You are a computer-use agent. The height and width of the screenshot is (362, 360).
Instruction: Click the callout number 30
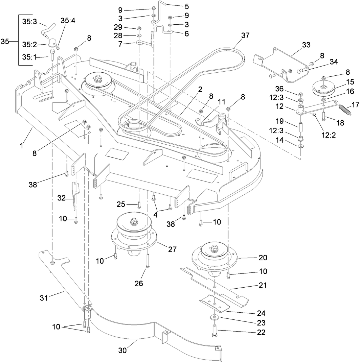122,351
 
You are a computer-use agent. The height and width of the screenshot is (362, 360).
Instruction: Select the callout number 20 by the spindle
263,258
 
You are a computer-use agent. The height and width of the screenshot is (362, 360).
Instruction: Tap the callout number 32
61,198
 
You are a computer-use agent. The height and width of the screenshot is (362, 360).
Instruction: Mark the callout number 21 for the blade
263,285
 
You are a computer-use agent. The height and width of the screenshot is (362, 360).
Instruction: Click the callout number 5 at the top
186,6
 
